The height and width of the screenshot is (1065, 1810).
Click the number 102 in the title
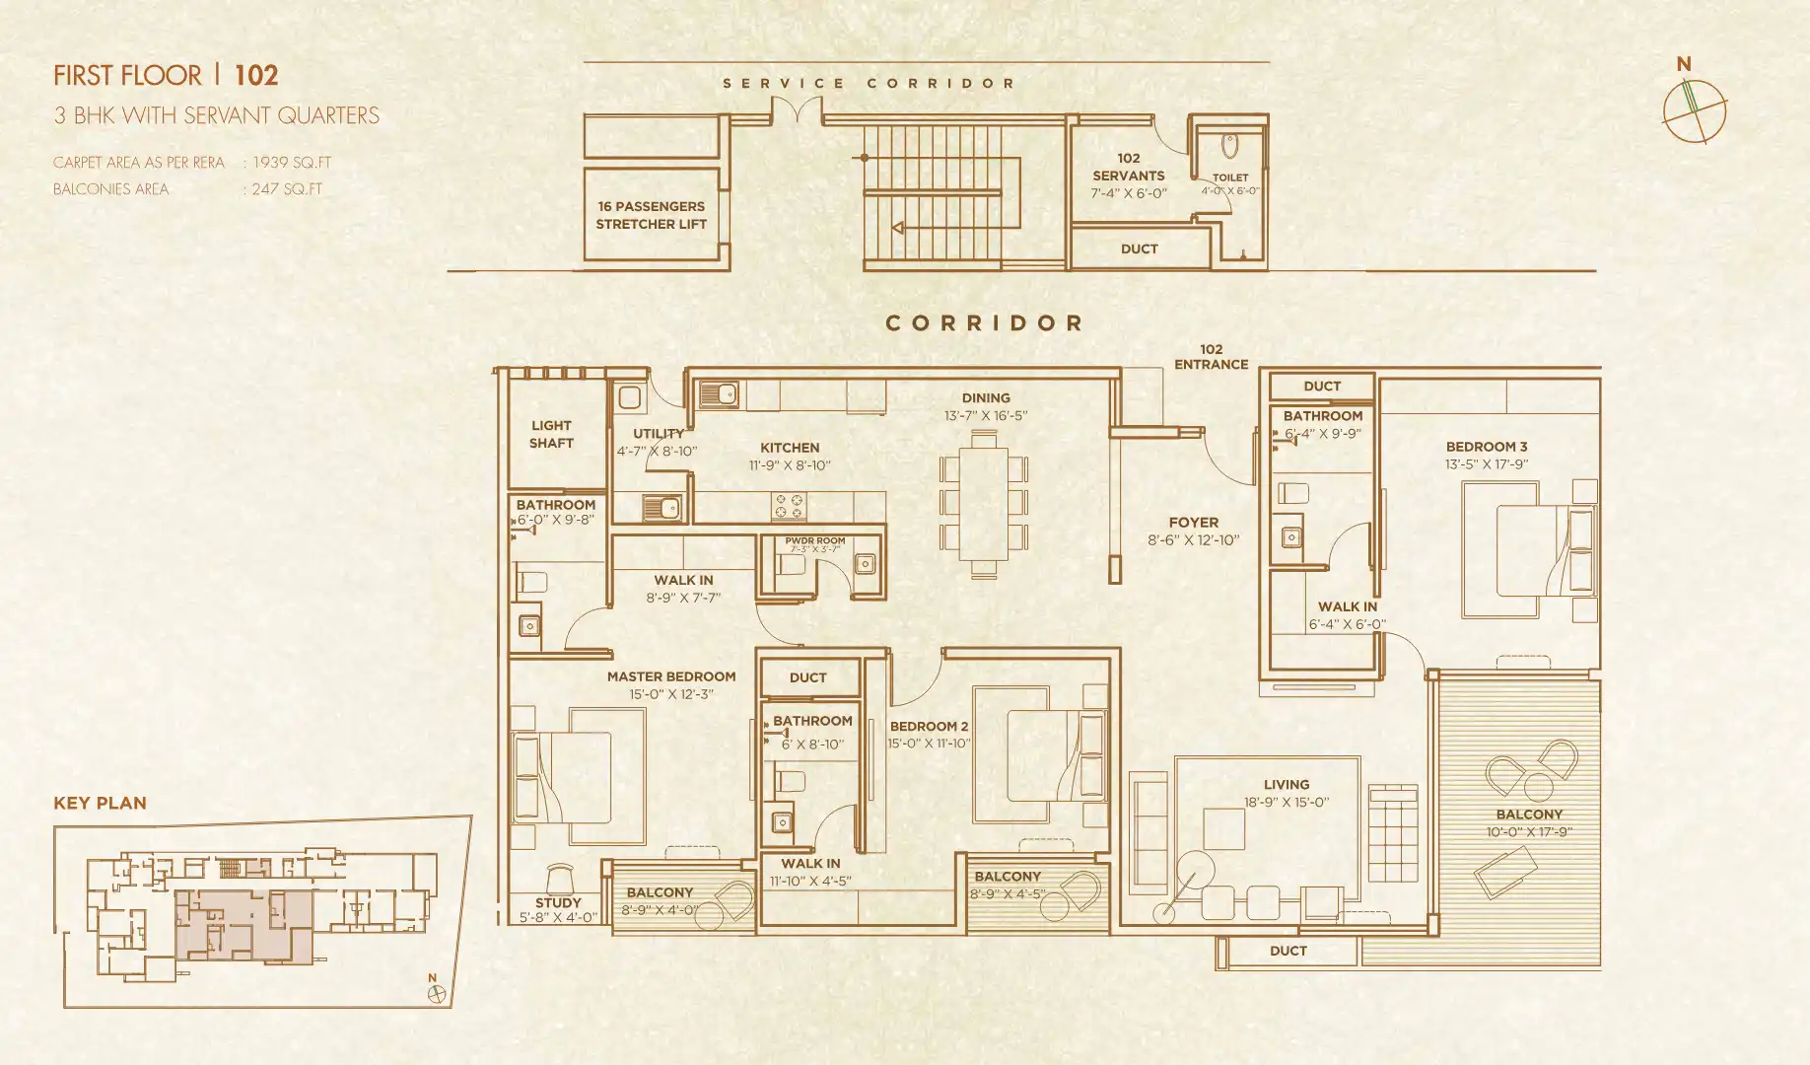pos(256,75)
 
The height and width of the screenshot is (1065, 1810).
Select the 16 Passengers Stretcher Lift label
pos(651,215)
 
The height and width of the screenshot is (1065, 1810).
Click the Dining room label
pos(986,397)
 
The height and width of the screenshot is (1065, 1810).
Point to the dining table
pos(984,503)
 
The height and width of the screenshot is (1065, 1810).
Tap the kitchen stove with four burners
pos(789,506)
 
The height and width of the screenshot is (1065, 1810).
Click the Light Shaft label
pos(551,434)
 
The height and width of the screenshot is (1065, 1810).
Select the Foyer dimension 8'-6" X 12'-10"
pos(1193,539)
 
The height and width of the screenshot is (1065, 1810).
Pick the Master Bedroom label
pos(671,676)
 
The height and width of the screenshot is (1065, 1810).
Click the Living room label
pos(1287,784)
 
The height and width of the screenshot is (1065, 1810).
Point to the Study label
pos(558,902)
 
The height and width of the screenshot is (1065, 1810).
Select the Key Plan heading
pos(100,803)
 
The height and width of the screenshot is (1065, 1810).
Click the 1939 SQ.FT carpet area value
pos(292,162)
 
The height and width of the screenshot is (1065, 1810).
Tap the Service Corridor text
pos(869,84)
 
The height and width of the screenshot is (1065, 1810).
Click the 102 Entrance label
pos(1211,357)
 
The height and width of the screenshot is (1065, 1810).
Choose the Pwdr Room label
pos(814,540)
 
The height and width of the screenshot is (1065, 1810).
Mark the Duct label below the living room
pos(1288,951)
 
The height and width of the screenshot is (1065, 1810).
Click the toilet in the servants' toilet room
pos(1229,146)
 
